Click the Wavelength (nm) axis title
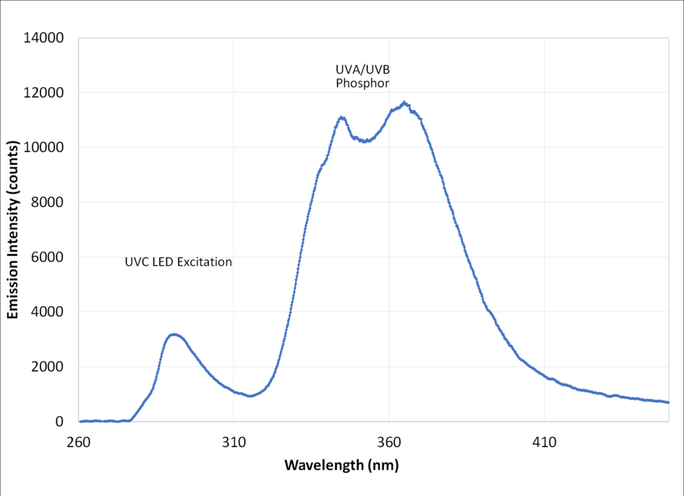[341, 465]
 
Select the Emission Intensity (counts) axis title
[13, 230]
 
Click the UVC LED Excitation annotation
[178, 263]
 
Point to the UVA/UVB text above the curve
[358, 70]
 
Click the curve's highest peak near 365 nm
[404, 103]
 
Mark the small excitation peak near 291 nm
[174, 335]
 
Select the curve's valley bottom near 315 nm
[250, 396]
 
